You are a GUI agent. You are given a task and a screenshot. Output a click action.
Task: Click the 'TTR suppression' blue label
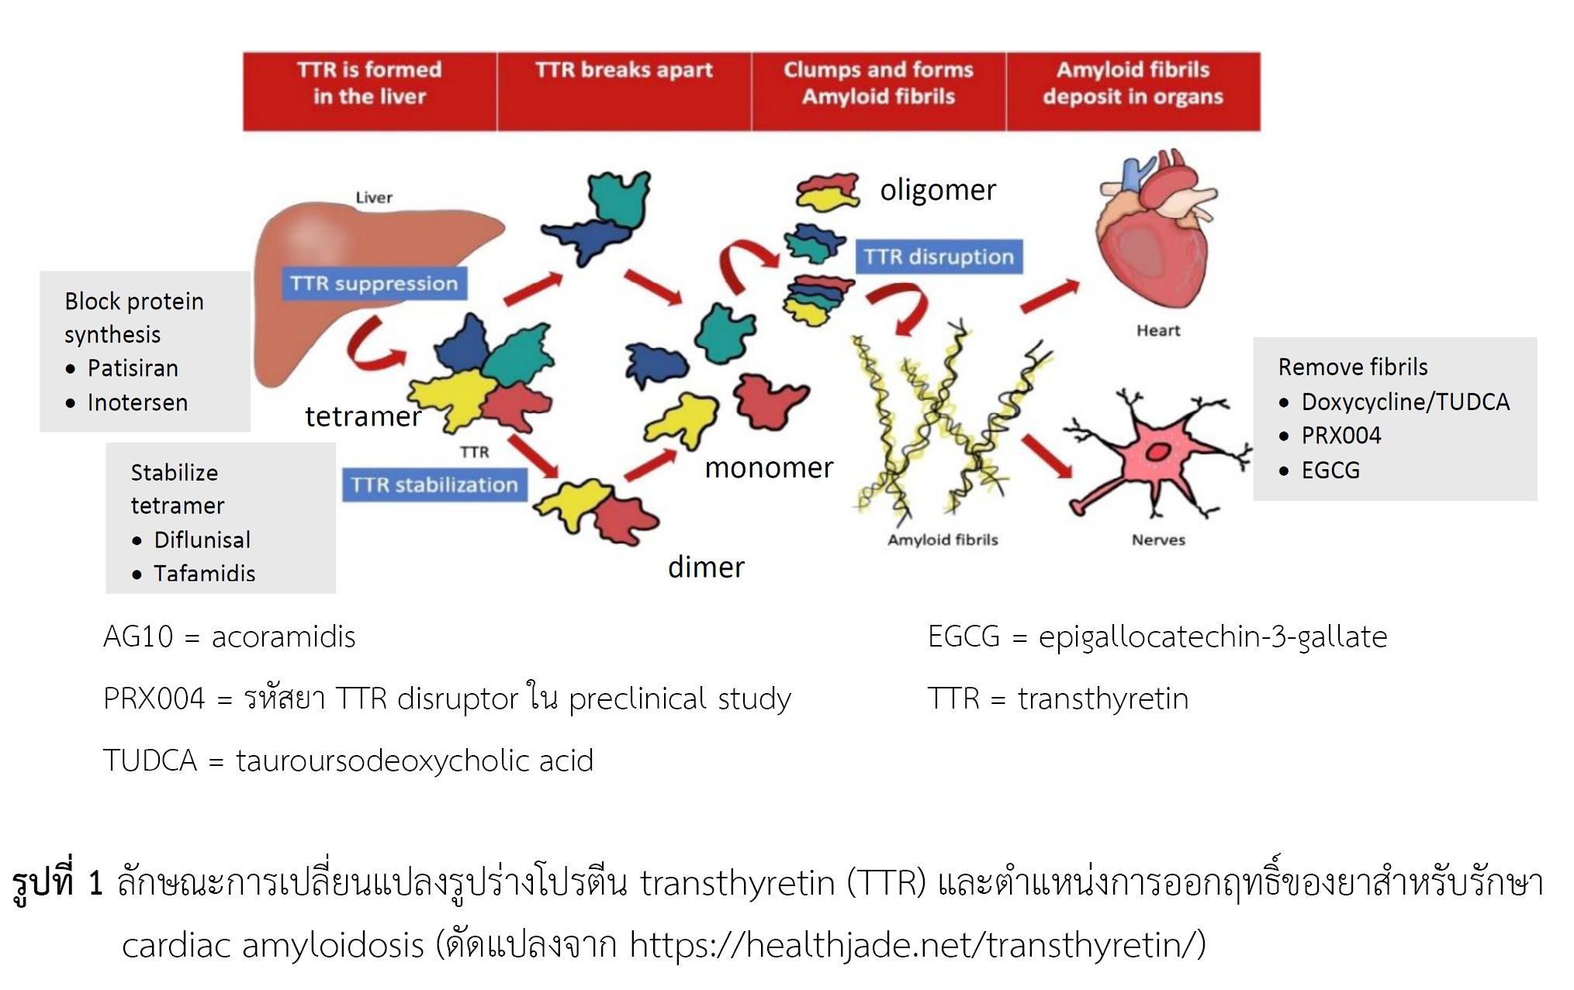[x=374, y=284]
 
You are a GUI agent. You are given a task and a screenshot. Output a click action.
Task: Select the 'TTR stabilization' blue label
[x=434, y=485]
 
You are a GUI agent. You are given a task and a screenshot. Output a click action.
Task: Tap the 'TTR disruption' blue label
[x=939, y=257]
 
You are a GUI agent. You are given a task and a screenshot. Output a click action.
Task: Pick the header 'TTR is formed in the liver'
[x=369, y=84]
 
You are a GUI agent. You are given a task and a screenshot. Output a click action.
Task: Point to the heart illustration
[x=1156, y=233]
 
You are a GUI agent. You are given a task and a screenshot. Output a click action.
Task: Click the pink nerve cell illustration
[x=1156, y=457]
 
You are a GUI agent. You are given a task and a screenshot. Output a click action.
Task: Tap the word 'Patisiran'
[x=133, y=368]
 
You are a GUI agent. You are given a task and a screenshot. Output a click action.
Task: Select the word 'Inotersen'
[x=137, y=403]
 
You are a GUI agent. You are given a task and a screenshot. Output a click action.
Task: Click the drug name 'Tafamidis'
[x=204, y=574]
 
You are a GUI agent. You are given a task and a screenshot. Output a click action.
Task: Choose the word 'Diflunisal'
[x=202, y=540]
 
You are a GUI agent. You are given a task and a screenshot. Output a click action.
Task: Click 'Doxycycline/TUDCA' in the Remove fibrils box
[x=1405, y=402]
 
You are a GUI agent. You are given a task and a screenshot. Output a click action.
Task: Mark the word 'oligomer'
[x=937, y=190]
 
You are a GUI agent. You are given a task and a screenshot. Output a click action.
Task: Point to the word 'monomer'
[x=768, y=467]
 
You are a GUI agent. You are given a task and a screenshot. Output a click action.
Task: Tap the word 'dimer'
[x=706, y=567]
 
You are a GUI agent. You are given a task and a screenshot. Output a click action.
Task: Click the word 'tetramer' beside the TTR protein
[x=362, y=417]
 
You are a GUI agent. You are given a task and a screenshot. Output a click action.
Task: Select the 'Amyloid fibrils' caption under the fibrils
[x=943, y=540]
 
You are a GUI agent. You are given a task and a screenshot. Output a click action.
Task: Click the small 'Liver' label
[x=374, y=198]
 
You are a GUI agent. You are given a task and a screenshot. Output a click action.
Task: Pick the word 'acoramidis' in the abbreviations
[x=283, y=637]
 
